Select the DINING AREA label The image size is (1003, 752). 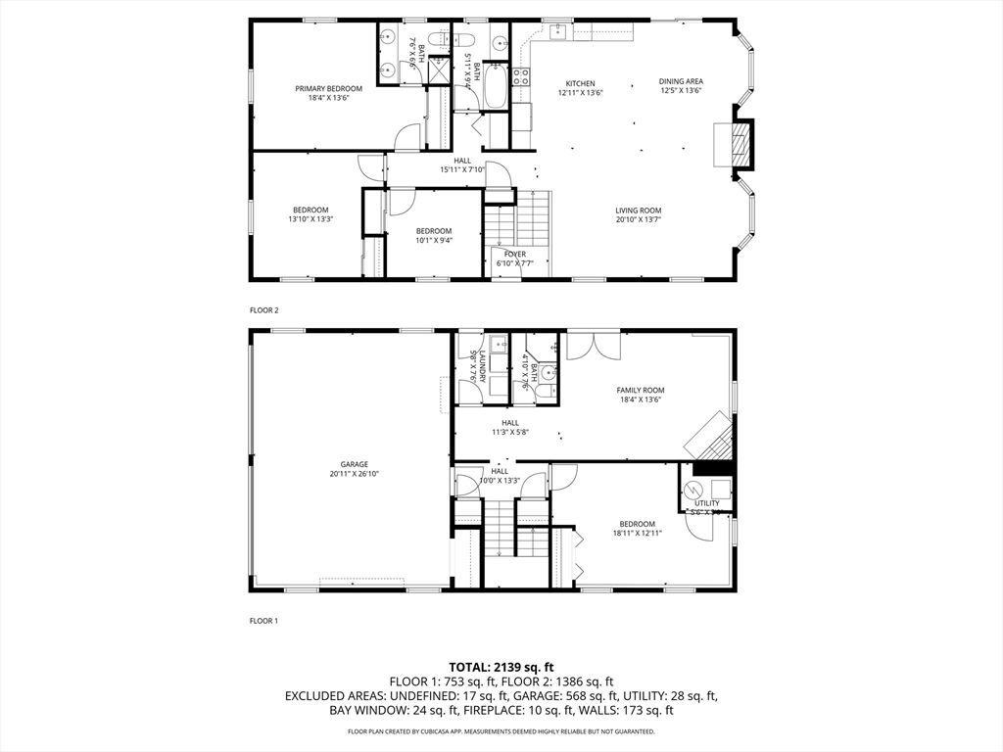[x=681, y=81]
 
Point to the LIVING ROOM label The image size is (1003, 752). [x=639, y=211]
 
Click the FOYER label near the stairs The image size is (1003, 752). [x=515, y=254]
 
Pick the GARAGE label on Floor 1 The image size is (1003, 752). [x=354, y=464]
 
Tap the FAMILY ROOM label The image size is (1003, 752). [x=641, y=390]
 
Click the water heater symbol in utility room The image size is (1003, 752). [x=693, y=488]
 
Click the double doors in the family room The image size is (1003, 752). [x=594, y=346]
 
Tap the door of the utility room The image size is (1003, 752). [x=699, y=526]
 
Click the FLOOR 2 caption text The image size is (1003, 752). [x=264, y=310]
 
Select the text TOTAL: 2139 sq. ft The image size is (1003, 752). [x=501, y=666]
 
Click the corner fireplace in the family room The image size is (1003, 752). [x=710, y=438]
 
